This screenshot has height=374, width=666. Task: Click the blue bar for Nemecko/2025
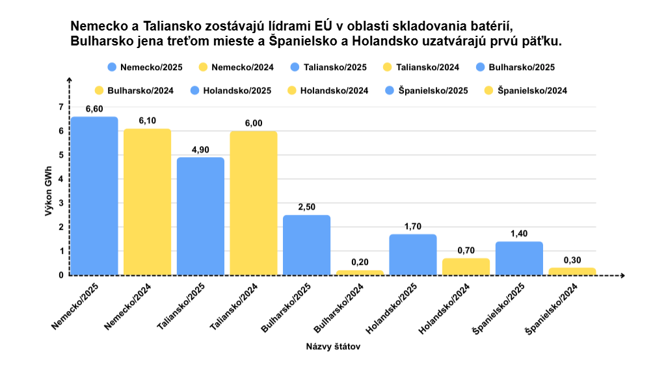pyautogui.click(x=94, y=195)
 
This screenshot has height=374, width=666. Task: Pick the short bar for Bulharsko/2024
pyautogui.click(x=360, y=273)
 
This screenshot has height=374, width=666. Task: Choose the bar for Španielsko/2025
pyautogui.click(x=519, y=258)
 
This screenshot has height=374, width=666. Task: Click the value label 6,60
pyautogui.click(x=94, y=109)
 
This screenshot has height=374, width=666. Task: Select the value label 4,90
pyautogui.click(x=200, y=149)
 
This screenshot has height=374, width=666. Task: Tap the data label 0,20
pyautogui.click(x=360, y=262)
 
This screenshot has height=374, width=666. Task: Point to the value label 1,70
pyautogui.click(x=412, y=227)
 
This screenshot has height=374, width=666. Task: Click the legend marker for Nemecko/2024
pyautogui.click(x=203, y=67)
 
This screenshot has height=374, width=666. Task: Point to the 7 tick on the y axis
pyautogui.click(x=61, y=107)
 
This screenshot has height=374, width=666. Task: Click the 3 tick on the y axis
pyautogui.click(x=61, y=203)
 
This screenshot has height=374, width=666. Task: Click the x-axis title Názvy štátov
pyautogui.click(x=333, y=346)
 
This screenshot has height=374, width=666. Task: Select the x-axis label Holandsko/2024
pyautogui.click(x=445, y=310)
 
